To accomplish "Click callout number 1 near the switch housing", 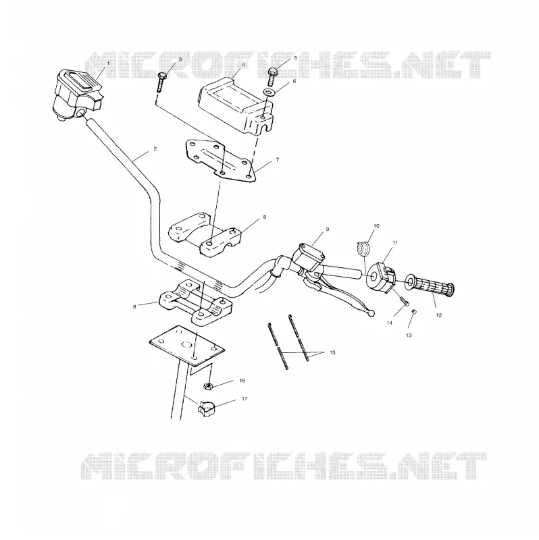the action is [109, 63].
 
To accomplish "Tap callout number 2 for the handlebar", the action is [155, 148].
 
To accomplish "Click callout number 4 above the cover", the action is [243, 65].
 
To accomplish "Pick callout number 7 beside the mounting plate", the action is [278, 159].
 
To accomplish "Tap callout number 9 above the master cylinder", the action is [328, 229].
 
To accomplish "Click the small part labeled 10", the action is [363, 248].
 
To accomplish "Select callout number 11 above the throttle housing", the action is [395, 242].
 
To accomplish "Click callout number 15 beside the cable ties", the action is [332, 352].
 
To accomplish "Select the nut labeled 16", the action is [208, 386].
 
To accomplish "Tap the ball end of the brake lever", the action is [371, 313].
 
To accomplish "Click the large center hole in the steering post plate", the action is [187, 345].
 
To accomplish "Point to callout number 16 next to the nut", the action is [242, 381].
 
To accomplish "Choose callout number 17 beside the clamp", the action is [245, 399].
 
